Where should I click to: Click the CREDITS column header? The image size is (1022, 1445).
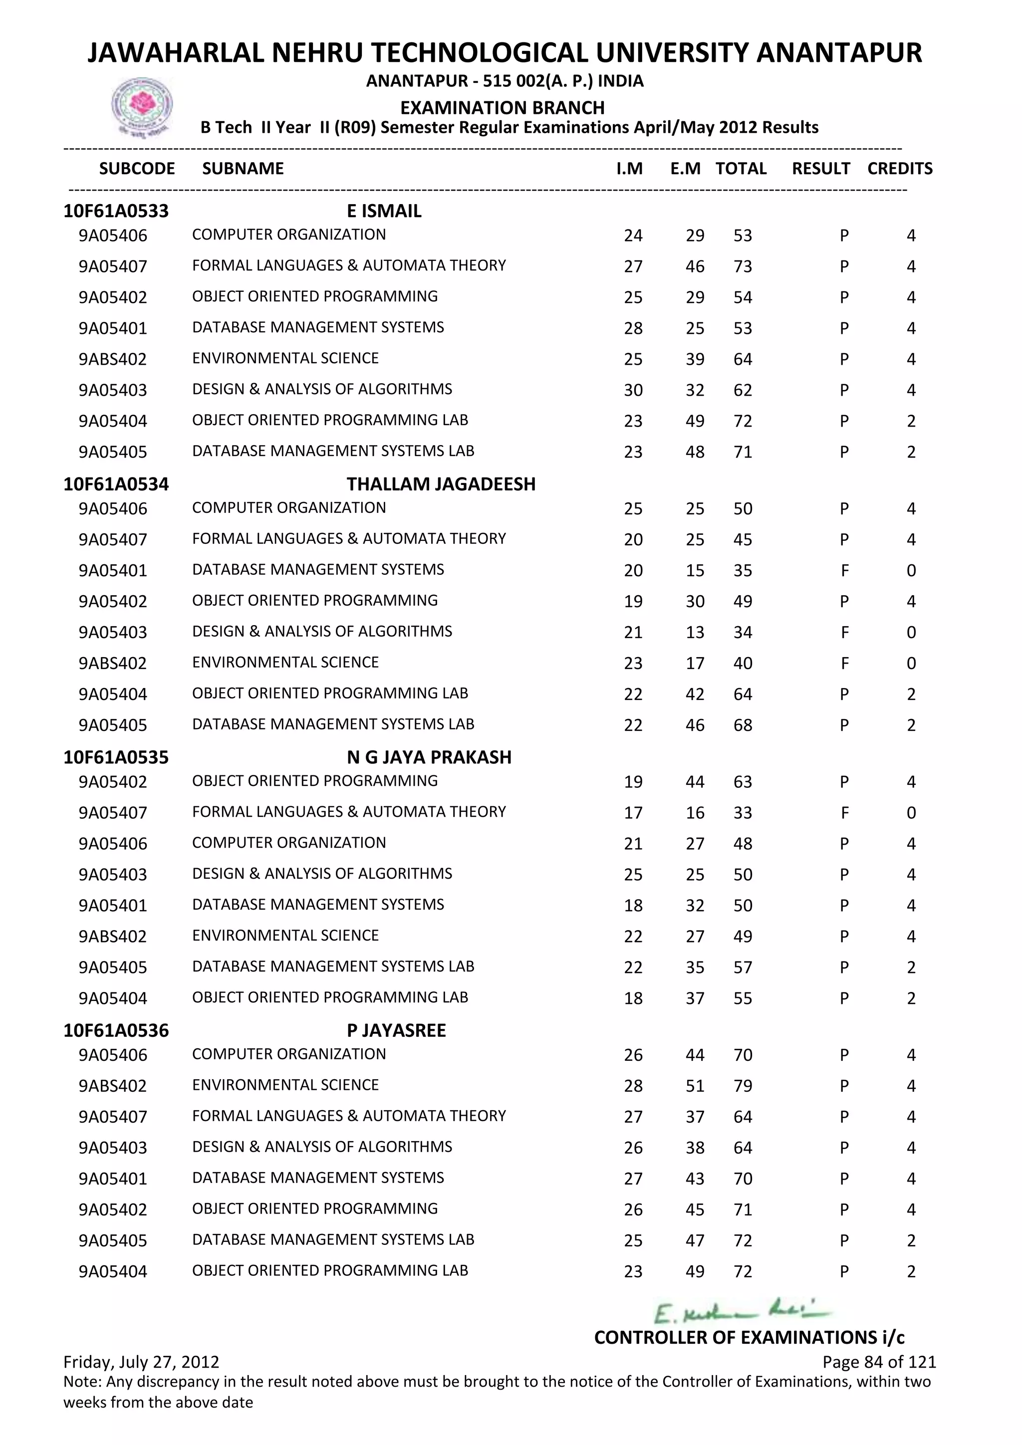point(899,169)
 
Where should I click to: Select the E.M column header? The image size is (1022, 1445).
point(685,169)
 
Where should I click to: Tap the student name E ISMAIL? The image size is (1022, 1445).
point(384,211)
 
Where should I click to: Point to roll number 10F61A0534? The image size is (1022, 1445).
point(116,484)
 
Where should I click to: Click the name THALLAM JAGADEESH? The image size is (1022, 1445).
point(441,484)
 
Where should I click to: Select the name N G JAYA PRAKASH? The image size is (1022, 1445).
point(429,757)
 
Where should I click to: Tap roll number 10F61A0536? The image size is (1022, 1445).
point(116,1030)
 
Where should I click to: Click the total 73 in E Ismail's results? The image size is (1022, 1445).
point(743,267)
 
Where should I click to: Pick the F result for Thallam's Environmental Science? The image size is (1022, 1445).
point(844,663)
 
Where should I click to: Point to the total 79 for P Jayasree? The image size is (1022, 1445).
point(743,1086)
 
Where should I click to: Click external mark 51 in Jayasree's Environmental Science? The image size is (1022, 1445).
point(695,1086)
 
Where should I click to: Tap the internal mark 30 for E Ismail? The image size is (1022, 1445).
point(633,390)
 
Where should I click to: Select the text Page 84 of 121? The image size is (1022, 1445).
point(879,1362)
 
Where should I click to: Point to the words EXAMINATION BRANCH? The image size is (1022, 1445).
point(502,108)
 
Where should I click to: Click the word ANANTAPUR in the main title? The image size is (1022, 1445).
point(838,53)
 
